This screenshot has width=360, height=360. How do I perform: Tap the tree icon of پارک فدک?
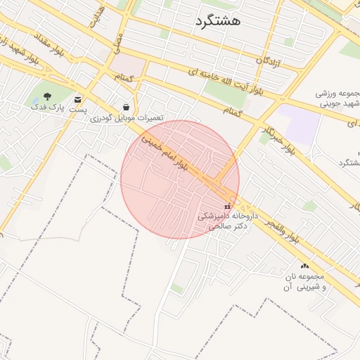tap(46, 97)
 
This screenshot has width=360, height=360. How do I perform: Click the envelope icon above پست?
tap(77, 99)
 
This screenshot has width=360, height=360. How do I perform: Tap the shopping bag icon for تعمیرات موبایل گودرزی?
tap(126, 107)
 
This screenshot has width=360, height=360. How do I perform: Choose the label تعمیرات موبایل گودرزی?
tap(127, 118)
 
